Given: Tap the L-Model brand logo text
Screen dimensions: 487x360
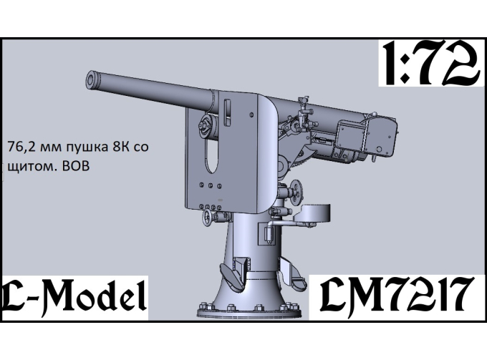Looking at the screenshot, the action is (73, 295).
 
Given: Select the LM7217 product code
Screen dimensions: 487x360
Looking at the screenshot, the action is (394, 295).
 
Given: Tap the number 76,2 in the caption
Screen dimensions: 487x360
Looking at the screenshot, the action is (20, 147).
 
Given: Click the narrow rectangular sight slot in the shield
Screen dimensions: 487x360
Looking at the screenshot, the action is (228, 112).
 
